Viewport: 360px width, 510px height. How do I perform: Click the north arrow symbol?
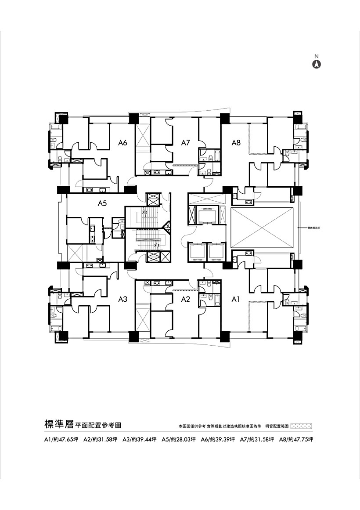tap(316, 64)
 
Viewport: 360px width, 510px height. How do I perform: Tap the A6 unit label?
tap(122, 142)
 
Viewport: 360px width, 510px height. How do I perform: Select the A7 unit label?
tap(185, 142)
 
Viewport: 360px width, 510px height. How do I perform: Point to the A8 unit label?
tap(236, 142)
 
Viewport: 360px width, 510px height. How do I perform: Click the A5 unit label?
tap(102, 203)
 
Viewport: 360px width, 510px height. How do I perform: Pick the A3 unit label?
tap(122, 299)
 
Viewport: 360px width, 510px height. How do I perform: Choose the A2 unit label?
tap(185, 299)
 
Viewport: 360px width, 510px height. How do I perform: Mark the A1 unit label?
tap(236, 299)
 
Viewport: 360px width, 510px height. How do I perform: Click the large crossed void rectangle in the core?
tap(261, 228)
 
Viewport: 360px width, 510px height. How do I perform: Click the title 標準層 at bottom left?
tap(58, 425)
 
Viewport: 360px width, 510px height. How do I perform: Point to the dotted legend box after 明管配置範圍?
tap(301, 426)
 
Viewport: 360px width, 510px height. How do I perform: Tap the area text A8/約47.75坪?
tap(298, 439)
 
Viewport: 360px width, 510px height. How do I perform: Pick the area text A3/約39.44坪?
tap(140, 439)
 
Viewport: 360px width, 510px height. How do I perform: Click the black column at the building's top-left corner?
tap(58, 118)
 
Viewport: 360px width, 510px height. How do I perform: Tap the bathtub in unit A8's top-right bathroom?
tap(300, 127)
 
